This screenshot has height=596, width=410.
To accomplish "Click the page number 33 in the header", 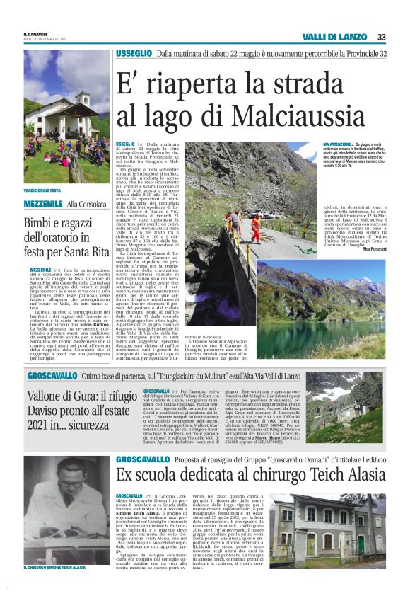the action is pyautogui.click(x=381, y=38).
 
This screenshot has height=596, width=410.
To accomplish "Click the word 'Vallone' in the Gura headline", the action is pyautogui.click(x=48, y=397).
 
